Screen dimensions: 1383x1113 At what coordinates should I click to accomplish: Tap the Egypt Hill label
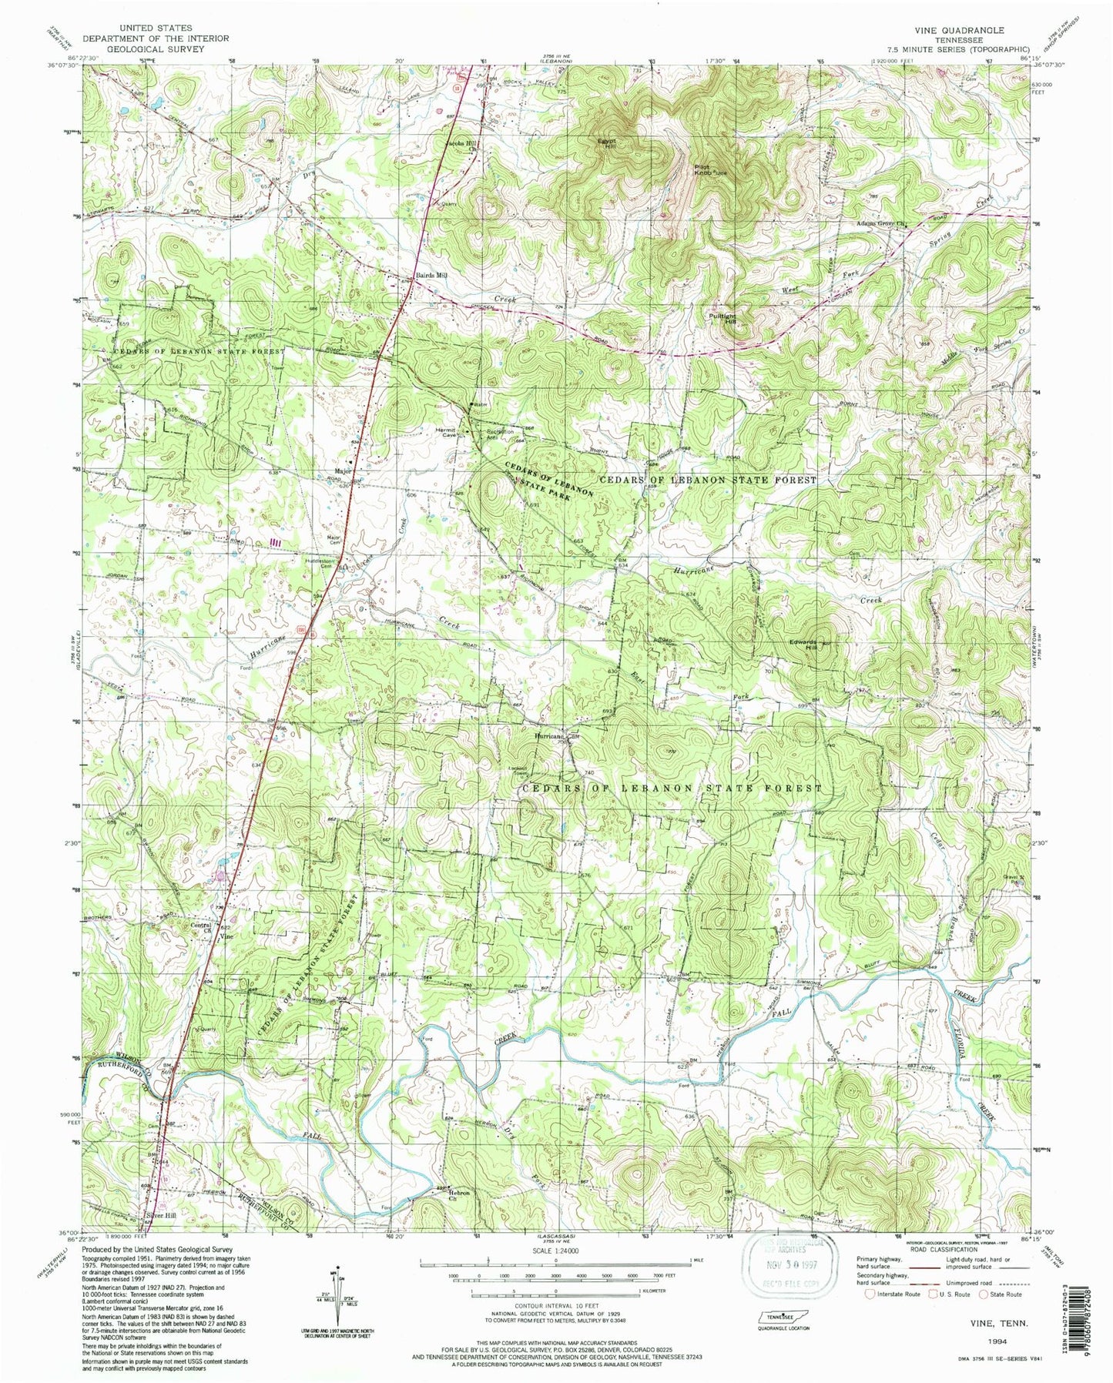pyautogui.click(x=608, y=144)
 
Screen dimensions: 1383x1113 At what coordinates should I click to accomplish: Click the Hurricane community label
pyautogui.click(x=551, y=736)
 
